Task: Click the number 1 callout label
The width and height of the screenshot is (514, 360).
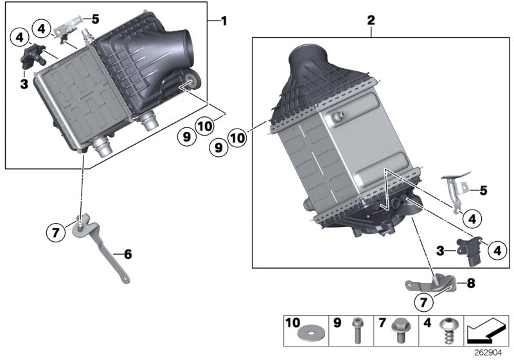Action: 224,21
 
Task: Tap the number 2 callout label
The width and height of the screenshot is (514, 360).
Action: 371,21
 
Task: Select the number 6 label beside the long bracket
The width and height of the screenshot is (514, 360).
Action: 128,255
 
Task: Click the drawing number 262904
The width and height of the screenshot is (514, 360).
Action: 492,352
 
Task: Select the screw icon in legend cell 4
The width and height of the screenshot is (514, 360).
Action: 443,333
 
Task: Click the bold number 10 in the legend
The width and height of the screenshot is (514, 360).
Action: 292,321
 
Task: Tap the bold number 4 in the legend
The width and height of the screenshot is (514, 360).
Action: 426,321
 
